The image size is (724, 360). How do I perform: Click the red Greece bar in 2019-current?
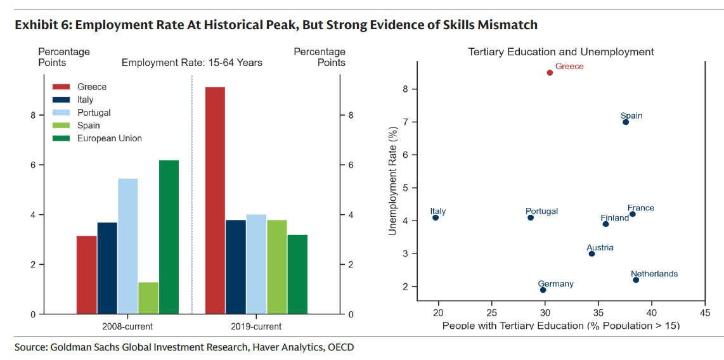point(215,200)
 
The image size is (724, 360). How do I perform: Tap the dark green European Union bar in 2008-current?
point(169,237)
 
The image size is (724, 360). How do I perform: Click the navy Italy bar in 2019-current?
point(235,267)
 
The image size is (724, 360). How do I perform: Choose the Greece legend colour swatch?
point(60,87)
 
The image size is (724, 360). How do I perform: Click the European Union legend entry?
point(109,138)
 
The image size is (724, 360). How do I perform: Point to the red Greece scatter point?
point(550,73)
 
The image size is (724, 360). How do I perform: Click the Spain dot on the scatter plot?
point(626,122)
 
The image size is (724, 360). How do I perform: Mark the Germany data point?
point(543,290)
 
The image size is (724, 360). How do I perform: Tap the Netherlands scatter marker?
point(636,280)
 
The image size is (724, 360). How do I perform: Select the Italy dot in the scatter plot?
point(436,217)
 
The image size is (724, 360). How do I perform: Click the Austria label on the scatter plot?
point(600,247)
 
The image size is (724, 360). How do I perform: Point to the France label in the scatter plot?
point(640,208)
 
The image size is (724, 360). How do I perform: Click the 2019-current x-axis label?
point(256,326)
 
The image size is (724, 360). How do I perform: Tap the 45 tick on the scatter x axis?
point(704,312)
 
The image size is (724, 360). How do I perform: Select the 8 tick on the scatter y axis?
point(405,89)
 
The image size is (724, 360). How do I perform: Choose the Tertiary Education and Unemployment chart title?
point(560,51)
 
